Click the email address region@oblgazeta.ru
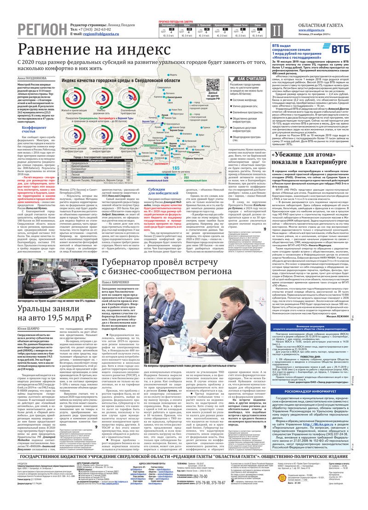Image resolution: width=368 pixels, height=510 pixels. [x=95, y=34]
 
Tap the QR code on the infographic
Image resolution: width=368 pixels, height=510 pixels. [x=213, y=86]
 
